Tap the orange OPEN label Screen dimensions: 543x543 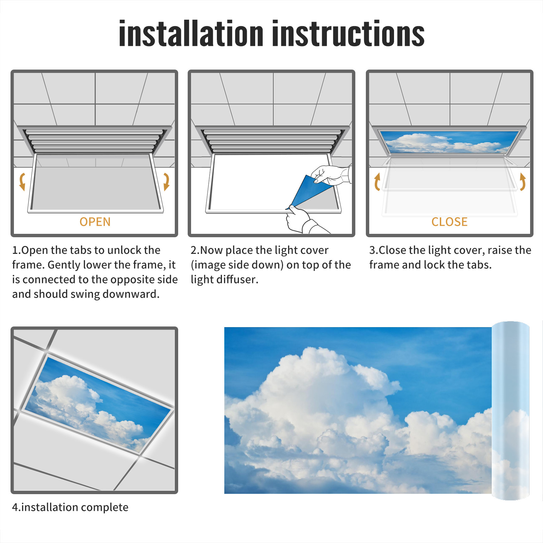tap(95, 222)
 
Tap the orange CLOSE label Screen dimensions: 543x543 tap(449, 222)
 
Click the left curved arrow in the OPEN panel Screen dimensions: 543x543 tap(22, 182)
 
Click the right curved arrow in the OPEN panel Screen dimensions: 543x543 tap(166, 182)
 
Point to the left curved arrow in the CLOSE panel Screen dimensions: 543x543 tap(377, 182)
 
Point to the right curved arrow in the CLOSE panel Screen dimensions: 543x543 tap(523, 182)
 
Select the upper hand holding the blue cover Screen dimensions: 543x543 tap(331, 175)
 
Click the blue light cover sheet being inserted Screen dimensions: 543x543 tap(307, 192)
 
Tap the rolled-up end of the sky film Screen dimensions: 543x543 tap(510, 411)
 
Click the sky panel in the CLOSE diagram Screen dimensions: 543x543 tap(449, 142)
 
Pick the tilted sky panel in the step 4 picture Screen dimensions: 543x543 tap(98, 404)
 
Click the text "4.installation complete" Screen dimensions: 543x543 tap(70, 507)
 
